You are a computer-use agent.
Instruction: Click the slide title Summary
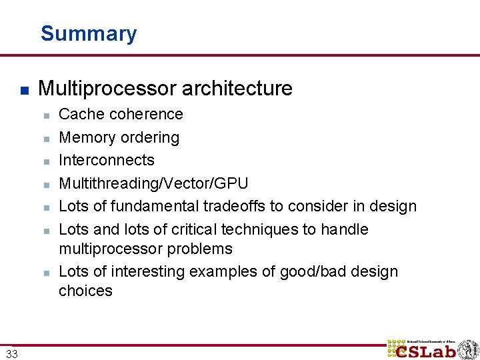pos(89,33)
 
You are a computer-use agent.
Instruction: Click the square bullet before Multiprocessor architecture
pos(23,89)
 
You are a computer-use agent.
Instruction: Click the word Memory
pos(83,137)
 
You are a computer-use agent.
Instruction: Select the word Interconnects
pos(107,160)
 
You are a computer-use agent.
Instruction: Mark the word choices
pos(85,291)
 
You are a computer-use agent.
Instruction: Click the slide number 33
pos(11,353)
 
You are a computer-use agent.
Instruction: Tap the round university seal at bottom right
pos(467,349)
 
